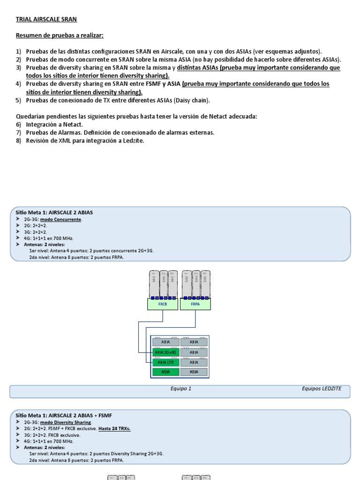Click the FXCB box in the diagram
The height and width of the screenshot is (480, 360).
point(163,304)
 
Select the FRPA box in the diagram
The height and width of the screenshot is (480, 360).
point(195,304)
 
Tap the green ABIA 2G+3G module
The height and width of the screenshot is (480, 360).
point(165,352)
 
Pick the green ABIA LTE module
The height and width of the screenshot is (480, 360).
point(165,362)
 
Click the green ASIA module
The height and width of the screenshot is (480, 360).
point(165,372)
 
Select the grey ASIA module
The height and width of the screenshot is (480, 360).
point(195,372)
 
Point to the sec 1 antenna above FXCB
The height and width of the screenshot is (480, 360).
point(153,283)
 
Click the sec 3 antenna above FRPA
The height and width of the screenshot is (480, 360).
point(205,283)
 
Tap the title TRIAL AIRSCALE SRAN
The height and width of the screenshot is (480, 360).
point(46,19)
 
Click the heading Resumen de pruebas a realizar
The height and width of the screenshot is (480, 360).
point(60,36)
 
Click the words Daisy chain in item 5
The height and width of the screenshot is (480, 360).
point(195,100)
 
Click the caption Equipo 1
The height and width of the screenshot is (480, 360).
point(181,389)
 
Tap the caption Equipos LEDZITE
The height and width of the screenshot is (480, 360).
point(322,389)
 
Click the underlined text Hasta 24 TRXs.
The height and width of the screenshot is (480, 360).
point(114,428)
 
